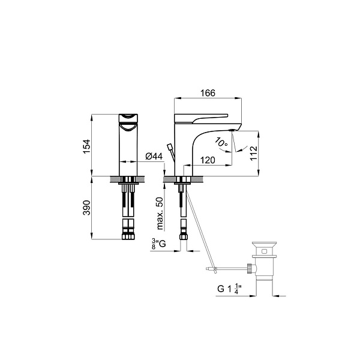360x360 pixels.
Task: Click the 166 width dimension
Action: coord(208,93)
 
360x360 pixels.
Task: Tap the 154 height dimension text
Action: coord(87,146)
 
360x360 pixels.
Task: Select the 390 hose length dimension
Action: coord(87,208)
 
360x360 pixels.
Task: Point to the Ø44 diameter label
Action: coord(154,157)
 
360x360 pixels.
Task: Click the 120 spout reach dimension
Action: coord(208,160)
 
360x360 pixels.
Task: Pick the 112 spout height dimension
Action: coord(254,154)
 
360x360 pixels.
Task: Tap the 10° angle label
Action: coord(221,142)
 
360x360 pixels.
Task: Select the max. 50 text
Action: coord(160,214)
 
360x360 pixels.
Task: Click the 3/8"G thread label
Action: coord(158,244)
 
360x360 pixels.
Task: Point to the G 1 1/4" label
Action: coord(230,289)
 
